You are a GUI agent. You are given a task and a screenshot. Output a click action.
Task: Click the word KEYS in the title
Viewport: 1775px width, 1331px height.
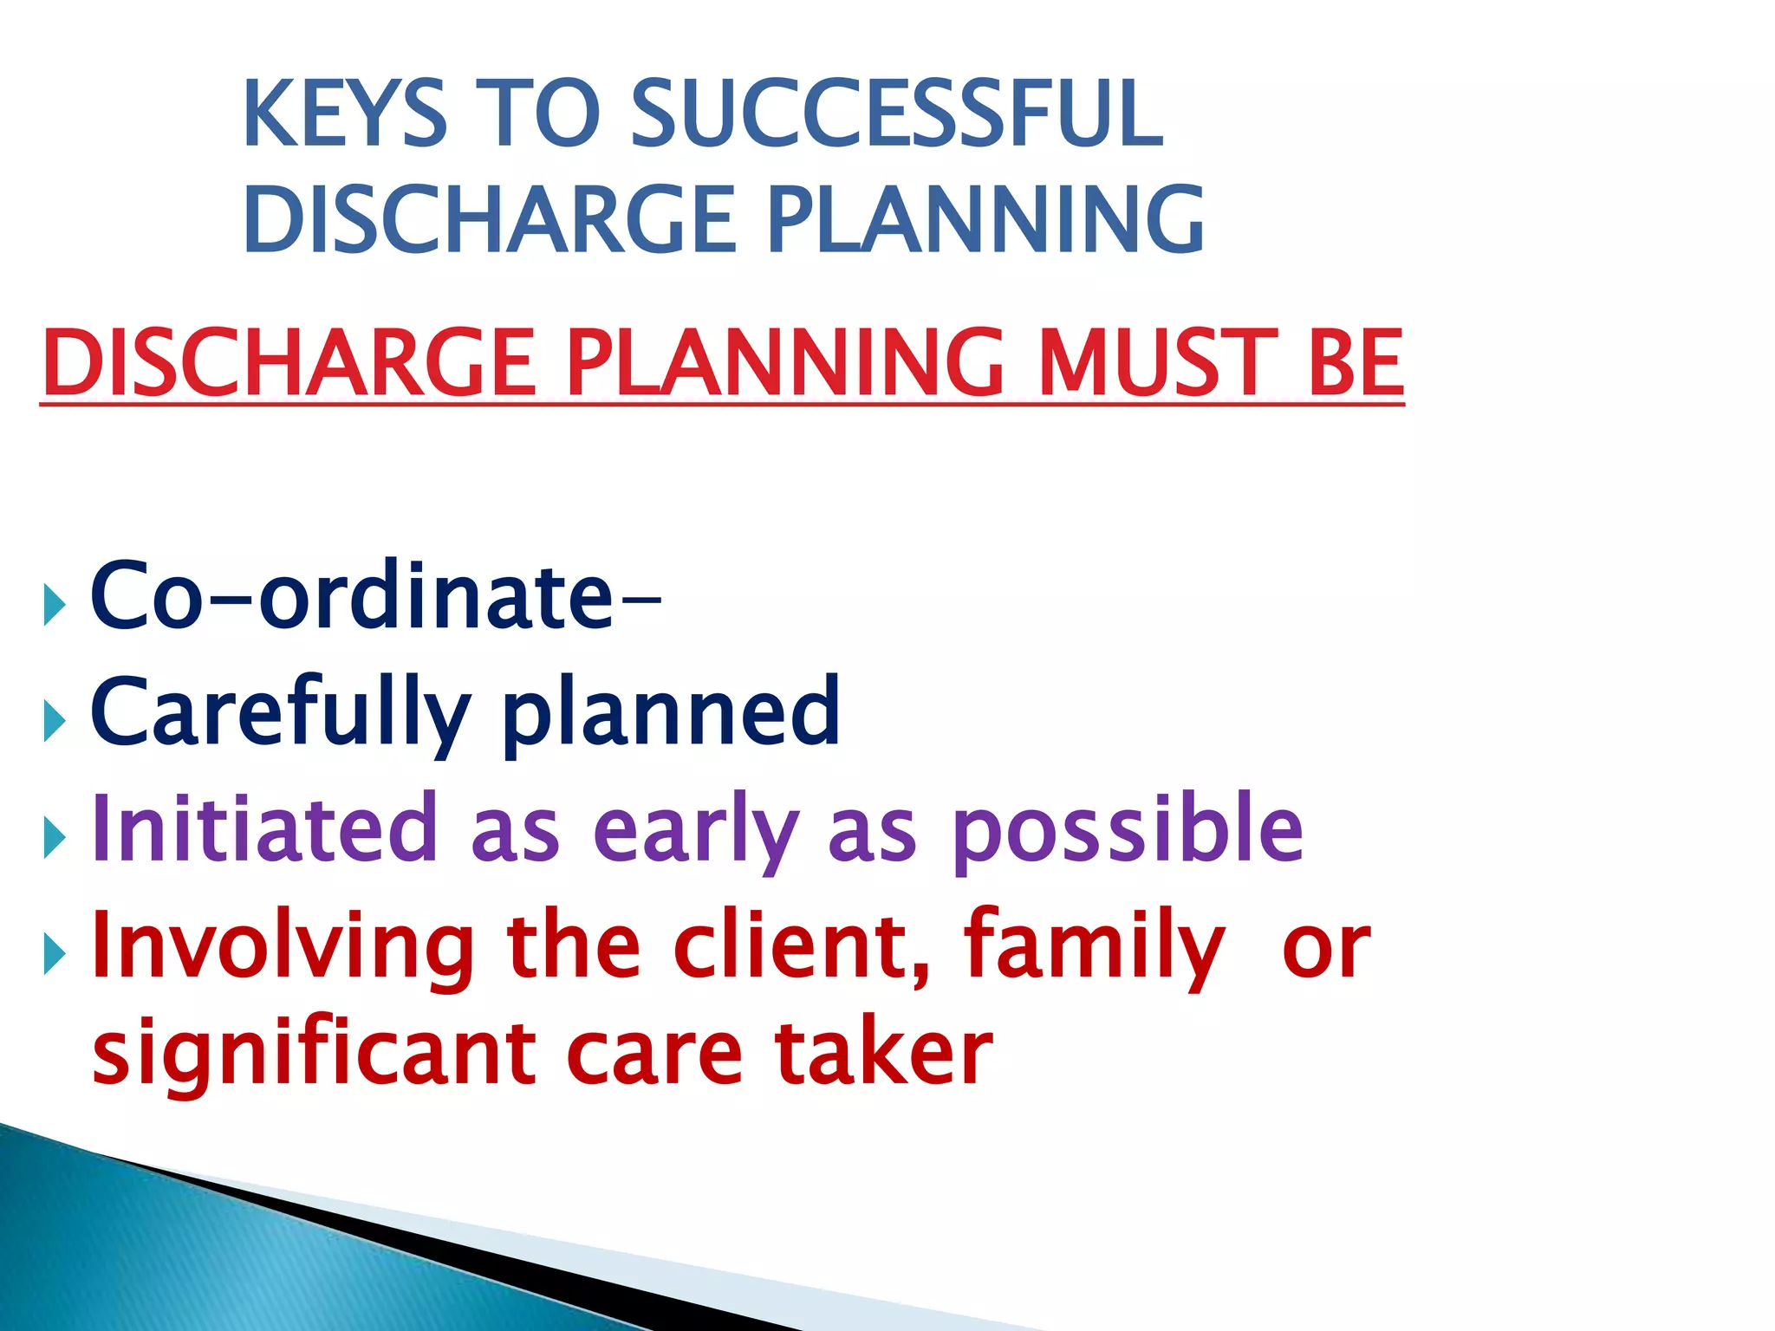(x=345, y=114)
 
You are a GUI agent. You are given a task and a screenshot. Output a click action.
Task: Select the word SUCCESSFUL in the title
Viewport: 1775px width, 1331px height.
(x=896, y=114)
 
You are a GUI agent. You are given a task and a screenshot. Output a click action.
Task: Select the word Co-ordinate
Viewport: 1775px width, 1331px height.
(x=373, y=596)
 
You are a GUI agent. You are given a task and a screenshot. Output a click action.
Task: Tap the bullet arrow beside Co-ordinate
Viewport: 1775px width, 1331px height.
(x=54, y=605)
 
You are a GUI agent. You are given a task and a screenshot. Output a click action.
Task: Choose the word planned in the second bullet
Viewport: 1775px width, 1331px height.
(x=671, y=712)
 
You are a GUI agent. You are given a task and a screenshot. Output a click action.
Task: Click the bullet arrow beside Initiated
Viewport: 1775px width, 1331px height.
(x=54, y=837)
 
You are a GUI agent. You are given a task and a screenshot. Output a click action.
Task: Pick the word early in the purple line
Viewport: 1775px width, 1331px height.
(x=696, y=830)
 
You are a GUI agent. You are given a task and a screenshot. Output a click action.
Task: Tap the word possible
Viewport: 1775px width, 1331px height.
(x=1127, y=830)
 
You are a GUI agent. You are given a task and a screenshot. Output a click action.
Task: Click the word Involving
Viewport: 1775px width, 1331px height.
(x=283, y=946)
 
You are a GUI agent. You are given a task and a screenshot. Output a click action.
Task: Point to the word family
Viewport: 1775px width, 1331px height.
(x=1094, y=946)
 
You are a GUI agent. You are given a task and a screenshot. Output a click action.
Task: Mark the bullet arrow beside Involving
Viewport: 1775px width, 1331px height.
(x=54, y=955)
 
